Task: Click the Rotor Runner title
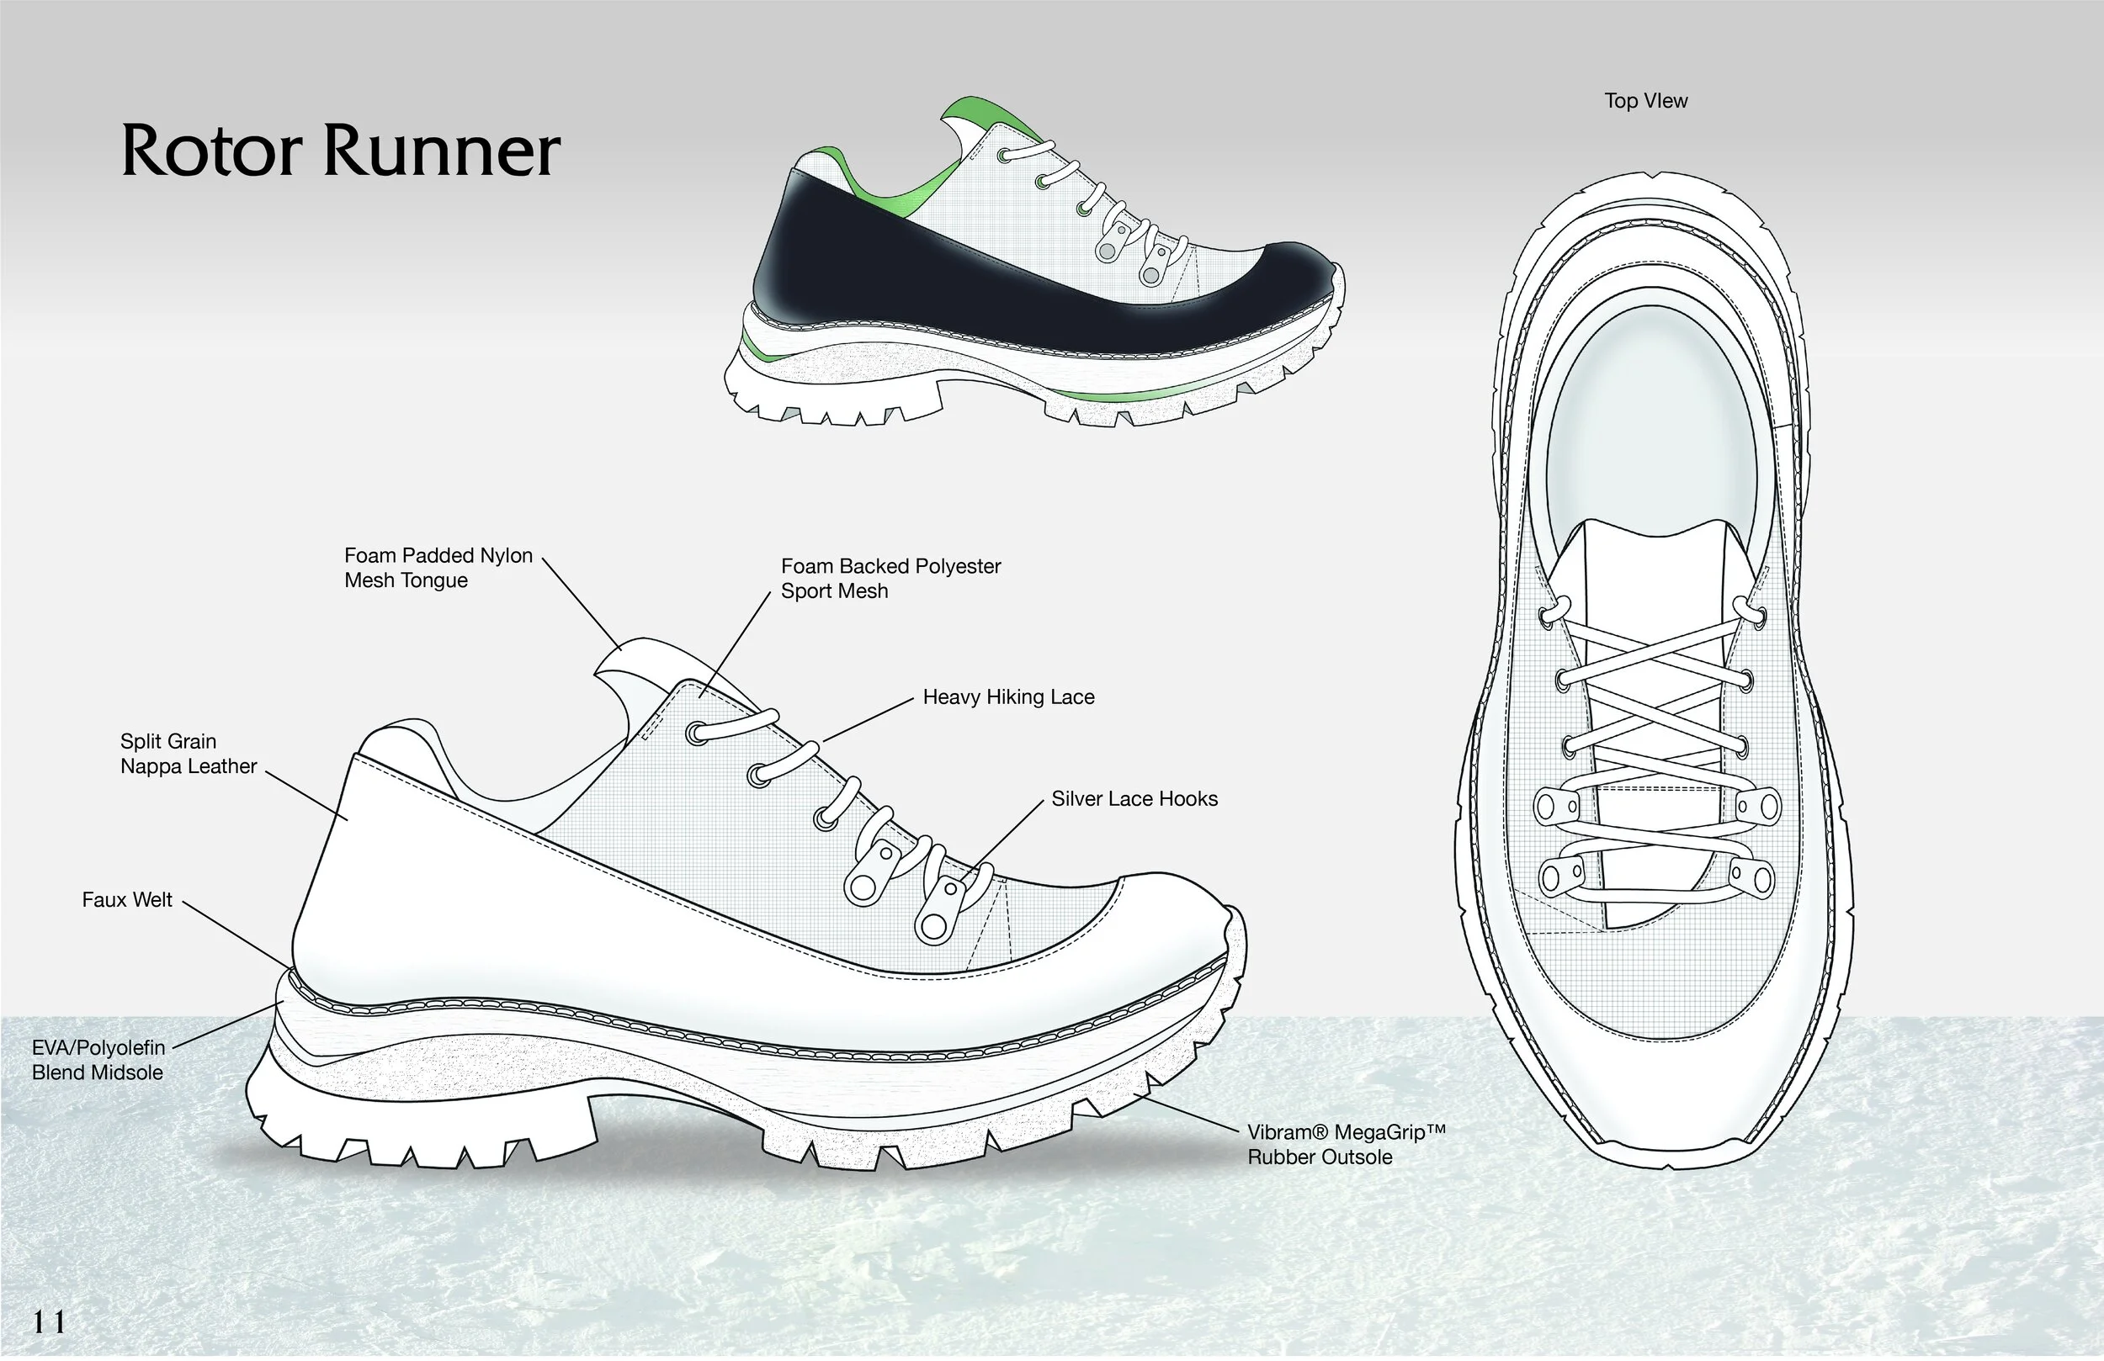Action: point(340,151)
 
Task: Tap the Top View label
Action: point(1645,101)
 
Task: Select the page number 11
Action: point(49,1322)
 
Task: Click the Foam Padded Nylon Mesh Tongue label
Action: point(438,568)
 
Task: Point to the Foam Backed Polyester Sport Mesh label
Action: point(890,578)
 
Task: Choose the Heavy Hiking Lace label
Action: point(1007,696)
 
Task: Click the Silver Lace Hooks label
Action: point(1134,799)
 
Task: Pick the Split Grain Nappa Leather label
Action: point(189,754)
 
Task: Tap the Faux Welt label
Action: point(126,900)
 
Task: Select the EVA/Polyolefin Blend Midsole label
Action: point(98,1060)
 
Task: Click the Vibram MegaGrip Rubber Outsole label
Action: point(1345,1145)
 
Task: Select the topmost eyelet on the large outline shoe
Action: point(697,733)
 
